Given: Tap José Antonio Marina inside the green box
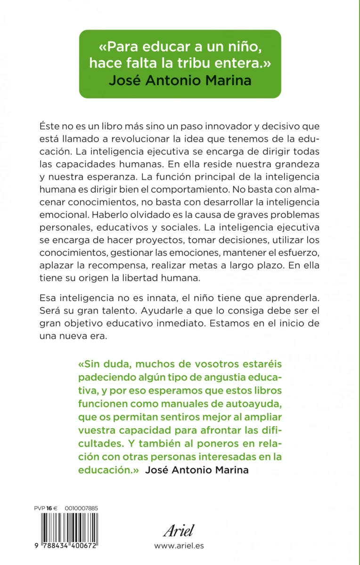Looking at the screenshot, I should (x=180, y=80).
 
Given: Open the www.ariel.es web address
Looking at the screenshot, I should (x=179, y=546).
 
